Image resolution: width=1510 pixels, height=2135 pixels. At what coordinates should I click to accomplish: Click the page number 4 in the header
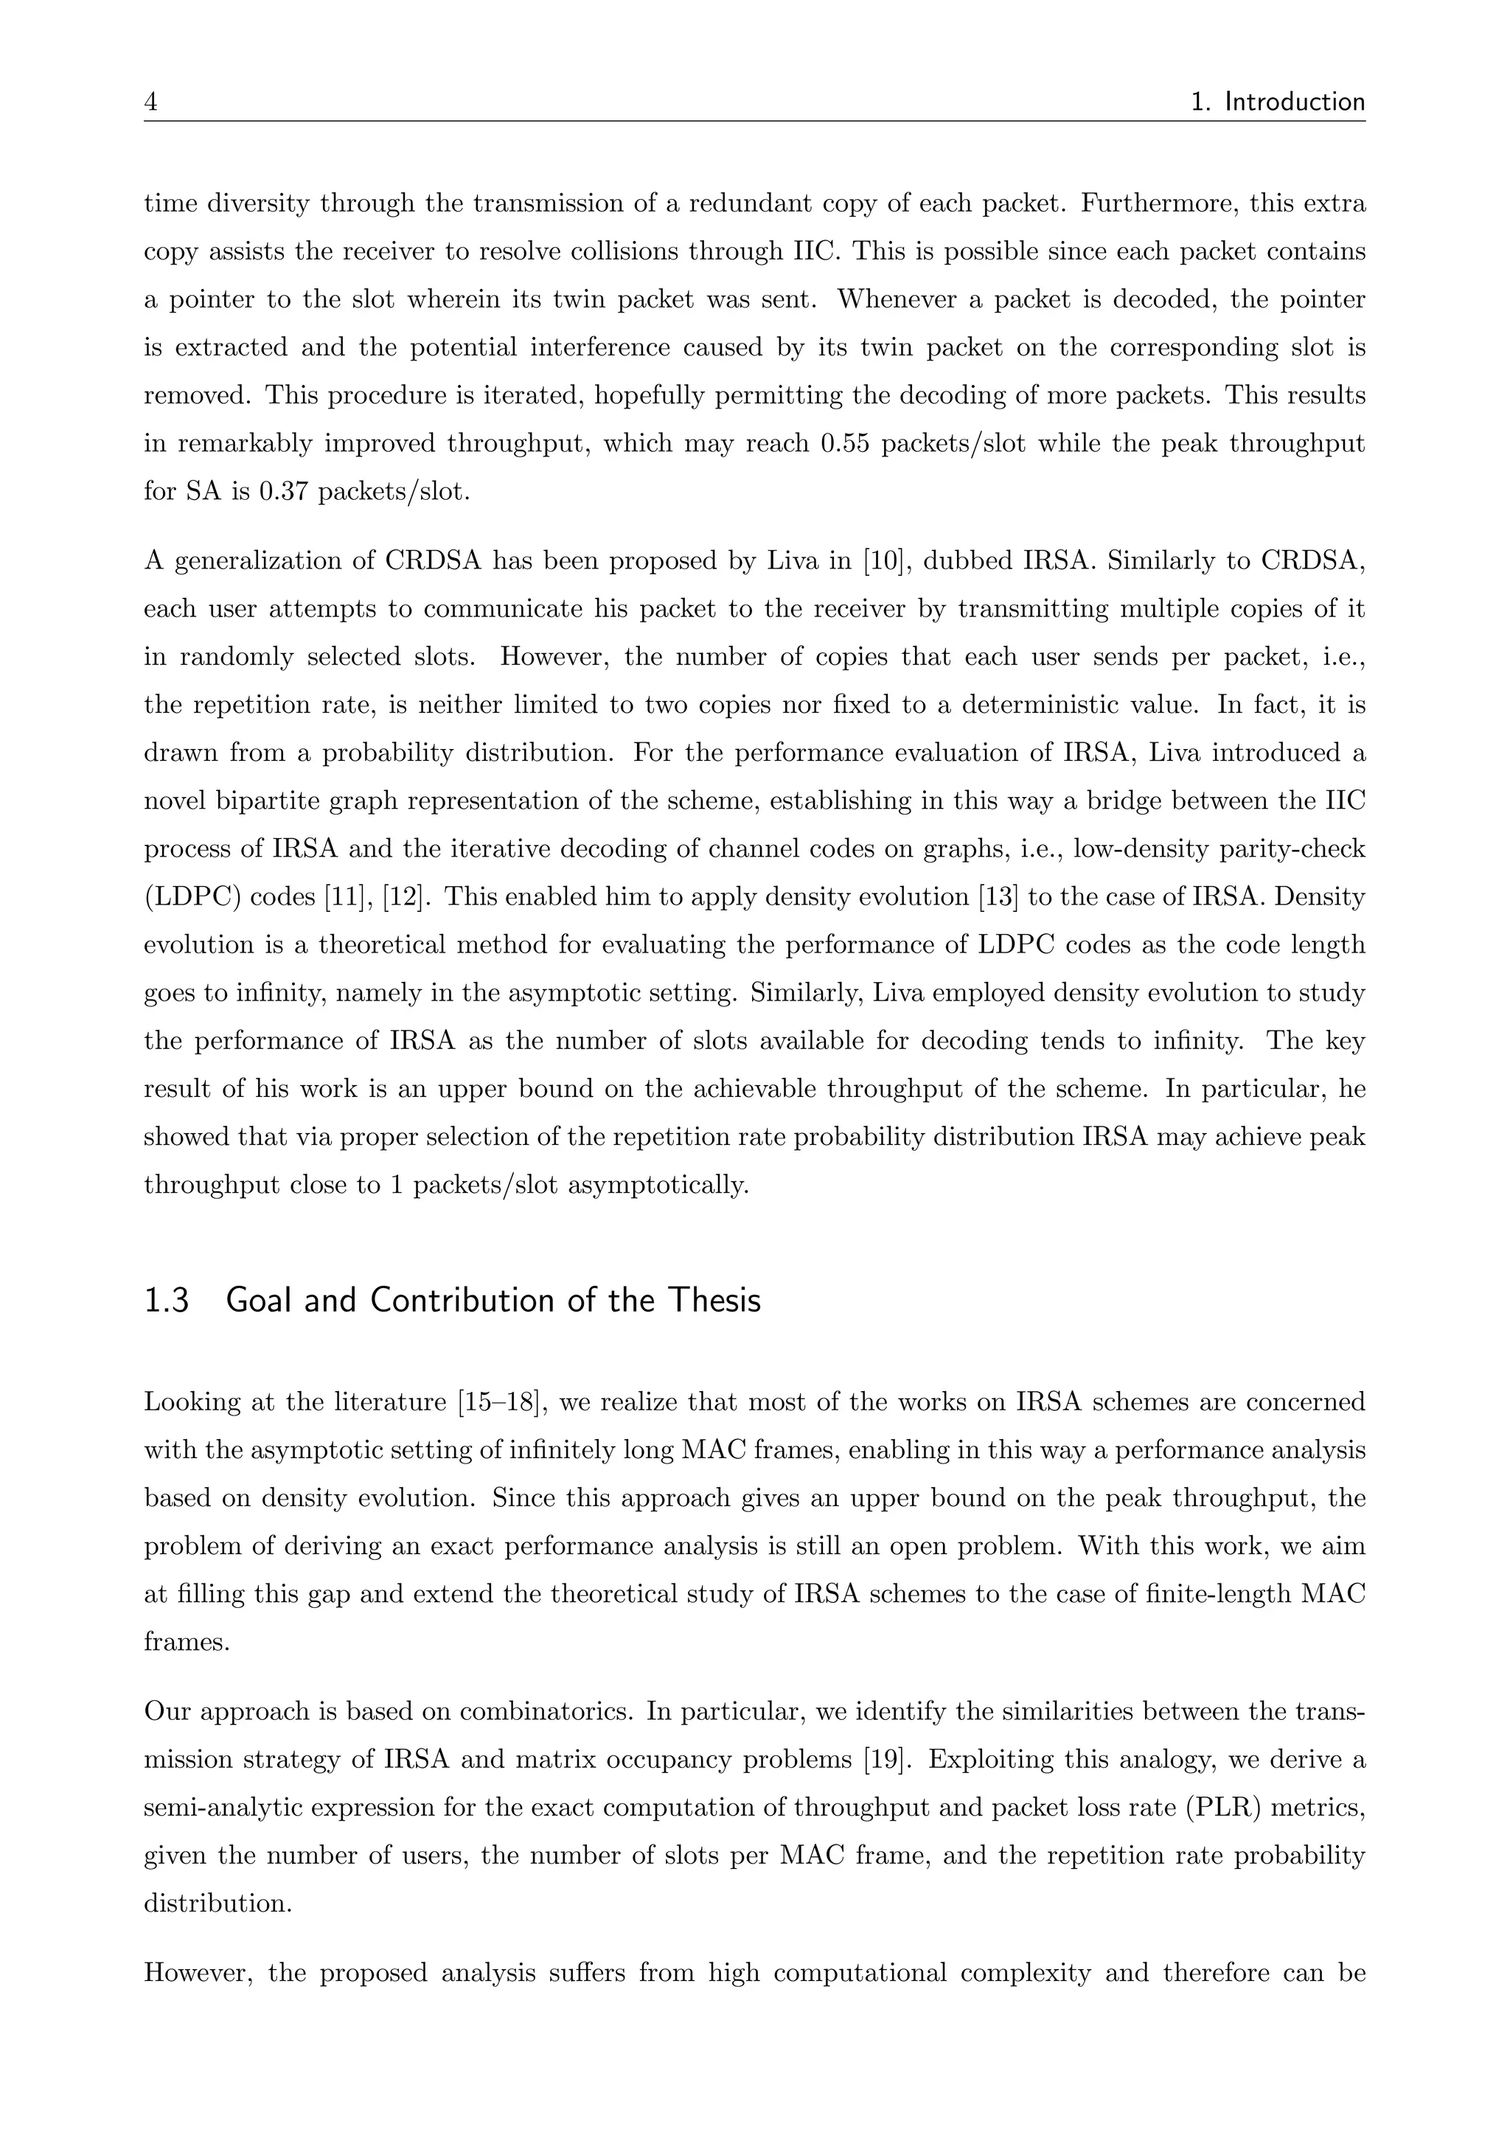(x=150, y=101)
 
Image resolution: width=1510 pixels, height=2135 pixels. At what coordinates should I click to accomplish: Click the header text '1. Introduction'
(x=1278, y=101)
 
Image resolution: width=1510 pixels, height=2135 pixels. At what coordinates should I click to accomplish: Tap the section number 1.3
(x=167, y=1300)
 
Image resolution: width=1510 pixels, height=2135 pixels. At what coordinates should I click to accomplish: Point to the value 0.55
(x=844, y=444)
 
